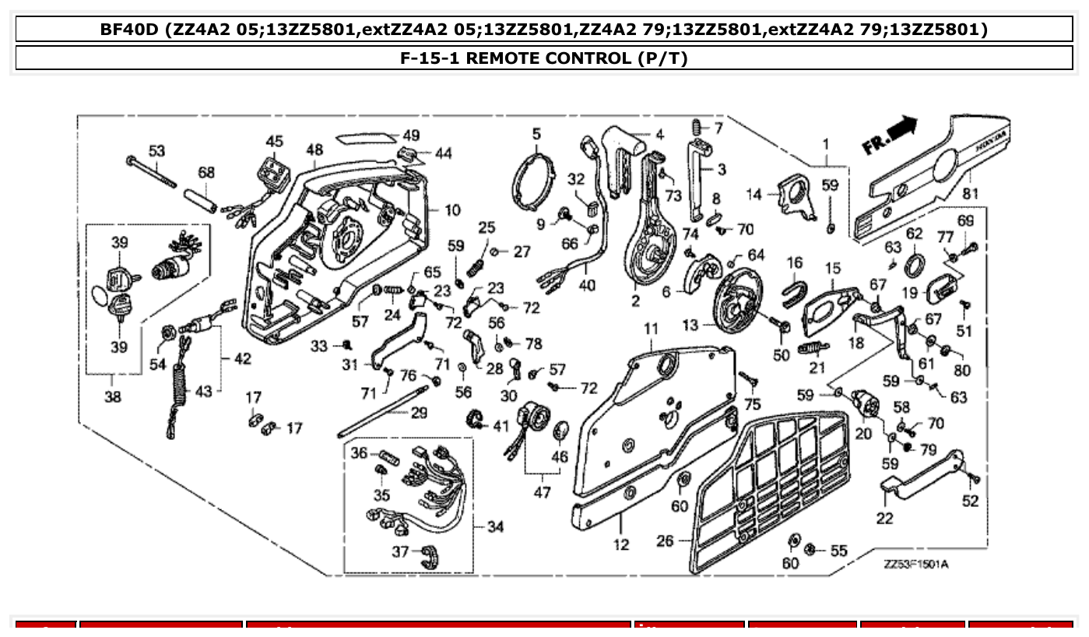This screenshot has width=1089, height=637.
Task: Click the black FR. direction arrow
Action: (903, 126)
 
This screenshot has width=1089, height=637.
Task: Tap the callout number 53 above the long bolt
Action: (157, 150)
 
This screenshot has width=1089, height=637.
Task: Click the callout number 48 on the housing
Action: (314, 150)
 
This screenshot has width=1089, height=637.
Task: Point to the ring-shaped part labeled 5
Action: (536, 181)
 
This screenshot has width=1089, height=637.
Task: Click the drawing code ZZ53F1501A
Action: (915, 565)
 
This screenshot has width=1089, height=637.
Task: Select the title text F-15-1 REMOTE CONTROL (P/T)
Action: (544, 58)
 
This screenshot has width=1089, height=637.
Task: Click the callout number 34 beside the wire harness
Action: (495, 527)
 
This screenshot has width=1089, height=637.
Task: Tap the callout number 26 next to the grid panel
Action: (665, 540)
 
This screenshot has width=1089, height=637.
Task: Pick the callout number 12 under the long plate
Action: (620, 544)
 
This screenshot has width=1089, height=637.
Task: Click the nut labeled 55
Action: (810, 551)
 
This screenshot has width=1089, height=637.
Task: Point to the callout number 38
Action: (113, 397)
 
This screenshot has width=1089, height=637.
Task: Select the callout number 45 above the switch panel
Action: (274, 141)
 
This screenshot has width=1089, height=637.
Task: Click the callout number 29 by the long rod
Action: (419, 413)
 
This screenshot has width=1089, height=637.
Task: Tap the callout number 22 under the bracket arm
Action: (885, 518)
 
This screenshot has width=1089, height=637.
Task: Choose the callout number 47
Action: (542, 492)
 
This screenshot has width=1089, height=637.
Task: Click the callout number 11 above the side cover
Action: (650, 329)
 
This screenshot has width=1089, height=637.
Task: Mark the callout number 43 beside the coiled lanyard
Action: (203, 391)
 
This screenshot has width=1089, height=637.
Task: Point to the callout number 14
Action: (754, 195)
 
